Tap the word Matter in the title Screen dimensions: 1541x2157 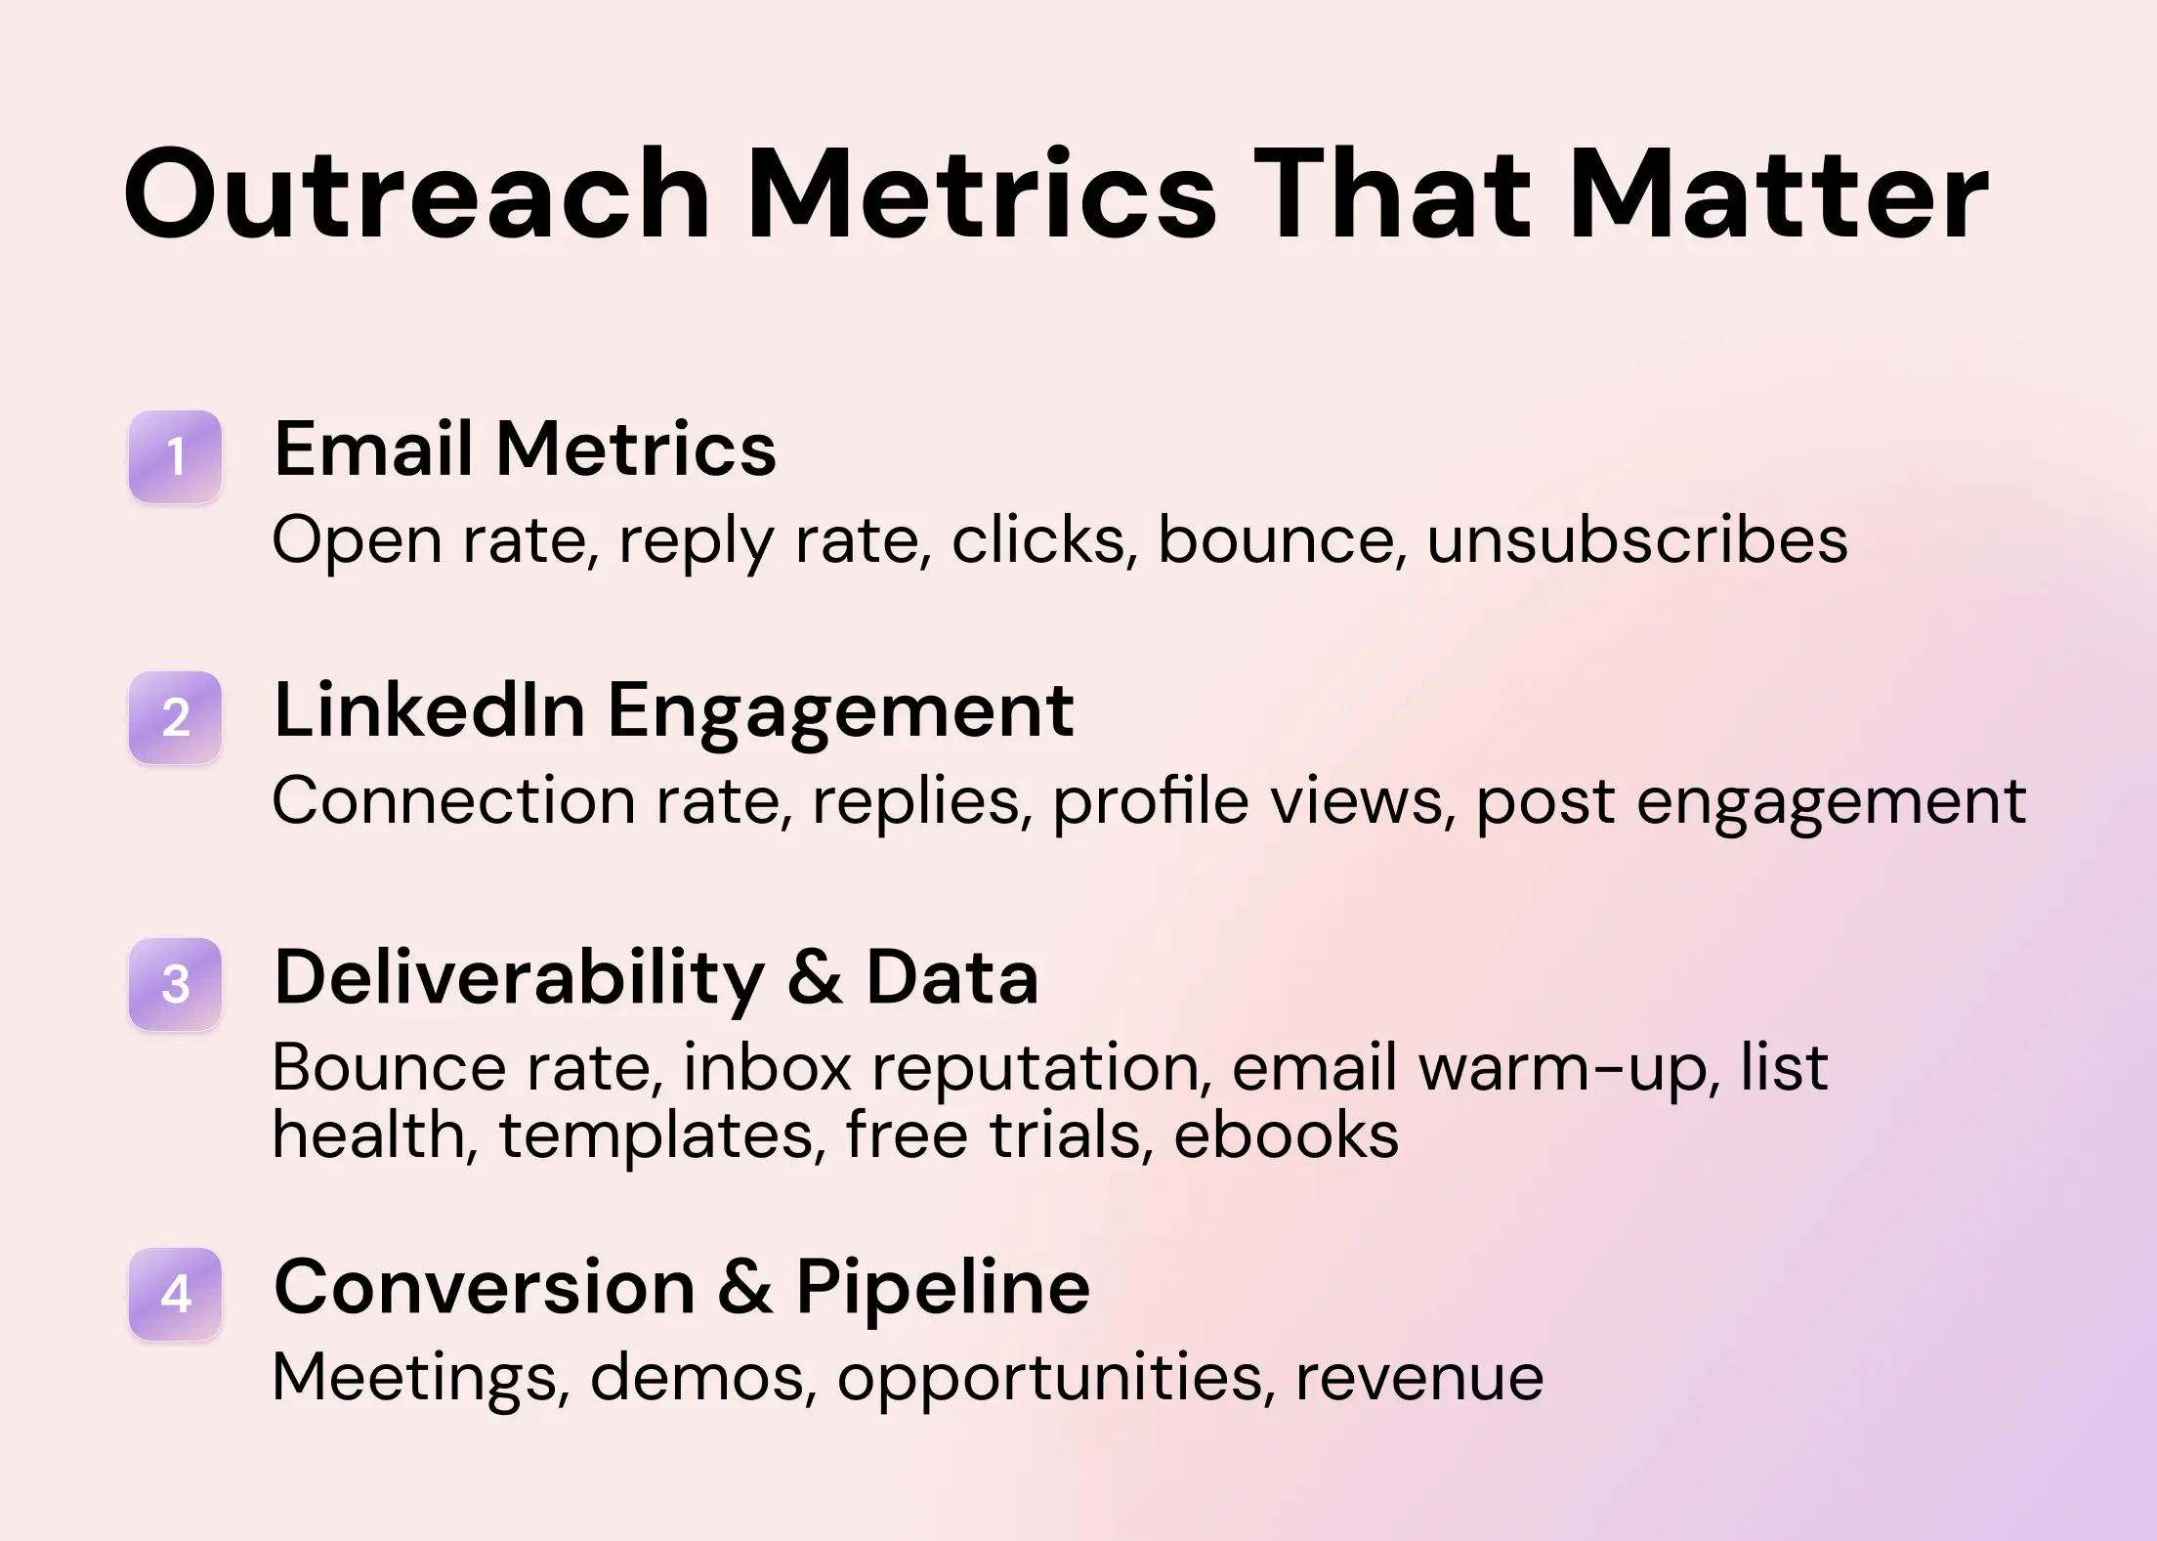tap(1778, 194)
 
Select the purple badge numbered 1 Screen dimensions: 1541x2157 tap(176, 456)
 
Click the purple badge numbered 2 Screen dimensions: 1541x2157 tap(176, 717)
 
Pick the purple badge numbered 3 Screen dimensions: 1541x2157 tap(176, 984)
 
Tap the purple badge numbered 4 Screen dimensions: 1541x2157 tap(176, 1294)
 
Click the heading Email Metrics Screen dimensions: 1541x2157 tap(525, 449)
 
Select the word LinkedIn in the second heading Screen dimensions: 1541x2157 tap(430, 710)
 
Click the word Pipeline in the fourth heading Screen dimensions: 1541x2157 tap(942, 1287)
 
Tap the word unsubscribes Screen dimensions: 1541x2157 tap(1637, 539)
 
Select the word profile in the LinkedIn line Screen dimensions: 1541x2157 tap(1150, 802)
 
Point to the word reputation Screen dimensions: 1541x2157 tap(1041, 1067)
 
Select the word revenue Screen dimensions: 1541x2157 tap(1419, 1377)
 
